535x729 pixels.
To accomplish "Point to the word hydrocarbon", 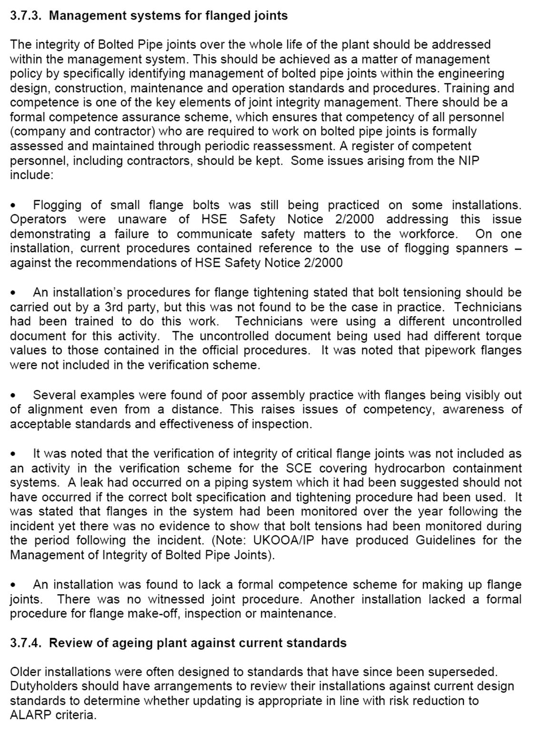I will click(x=410, y=468).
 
